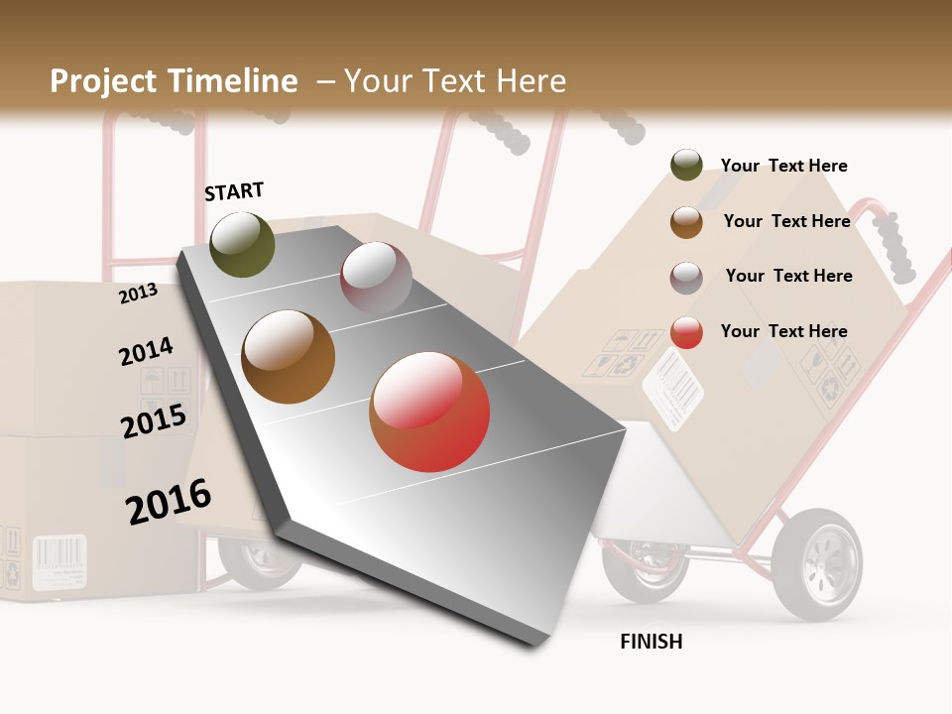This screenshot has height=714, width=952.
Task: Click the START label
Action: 234,191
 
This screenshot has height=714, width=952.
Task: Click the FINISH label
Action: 651,642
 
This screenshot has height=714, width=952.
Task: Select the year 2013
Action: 138,293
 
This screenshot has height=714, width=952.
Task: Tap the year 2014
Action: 146,352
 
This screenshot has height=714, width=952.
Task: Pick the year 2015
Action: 154,421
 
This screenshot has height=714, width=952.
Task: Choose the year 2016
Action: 169,502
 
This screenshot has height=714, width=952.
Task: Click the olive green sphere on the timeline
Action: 242,244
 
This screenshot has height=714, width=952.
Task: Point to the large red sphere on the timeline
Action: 429,411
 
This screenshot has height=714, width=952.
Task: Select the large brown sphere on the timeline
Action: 288,357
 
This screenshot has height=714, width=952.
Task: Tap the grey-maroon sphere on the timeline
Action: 376,278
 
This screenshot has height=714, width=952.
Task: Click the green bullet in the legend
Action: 686,165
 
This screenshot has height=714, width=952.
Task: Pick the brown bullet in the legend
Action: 686,222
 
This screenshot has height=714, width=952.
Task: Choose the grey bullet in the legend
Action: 686,278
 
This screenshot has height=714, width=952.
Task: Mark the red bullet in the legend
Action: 686,332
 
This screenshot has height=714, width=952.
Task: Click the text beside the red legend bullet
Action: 783,331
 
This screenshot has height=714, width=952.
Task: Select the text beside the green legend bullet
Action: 783,166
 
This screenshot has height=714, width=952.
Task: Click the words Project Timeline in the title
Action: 174,81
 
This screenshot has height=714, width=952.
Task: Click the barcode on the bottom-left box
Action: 59,560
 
